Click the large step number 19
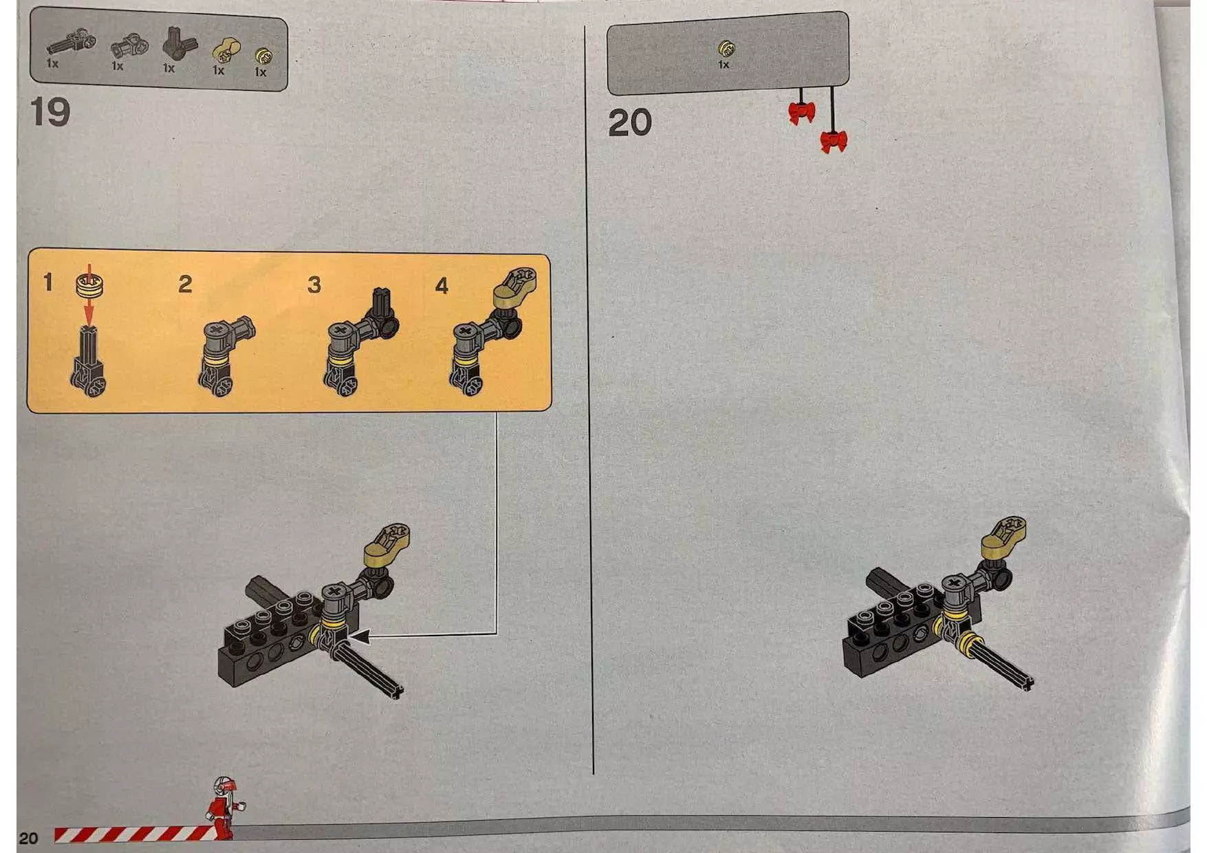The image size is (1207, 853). [50, 111]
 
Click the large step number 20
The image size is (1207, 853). [629, 123]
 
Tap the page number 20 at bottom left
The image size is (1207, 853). [28, 838]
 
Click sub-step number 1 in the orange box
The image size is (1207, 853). [47, 282]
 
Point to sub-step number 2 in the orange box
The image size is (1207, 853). [185, 284]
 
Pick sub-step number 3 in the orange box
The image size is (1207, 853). [314, 284]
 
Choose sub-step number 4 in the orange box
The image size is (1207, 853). [442, 285]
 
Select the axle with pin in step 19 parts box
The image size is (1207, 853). [71, 43]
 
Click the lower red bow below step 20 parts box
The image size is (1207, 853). [834, 142]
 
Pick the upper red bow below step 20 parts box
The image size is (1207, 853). [802, 113]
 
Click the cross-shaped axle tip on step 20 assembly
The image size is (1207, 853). [1027, 682]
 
